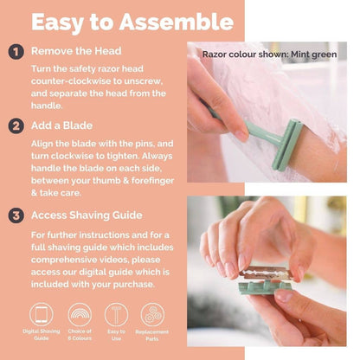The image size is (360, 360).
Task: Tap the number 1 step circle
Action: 15,52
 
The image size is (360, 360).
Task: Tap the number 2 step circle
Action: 15,125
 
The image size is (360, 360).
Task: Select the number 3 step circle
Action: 15,214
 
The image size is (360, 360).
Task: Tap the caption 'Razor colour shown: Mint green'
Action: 271,54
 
